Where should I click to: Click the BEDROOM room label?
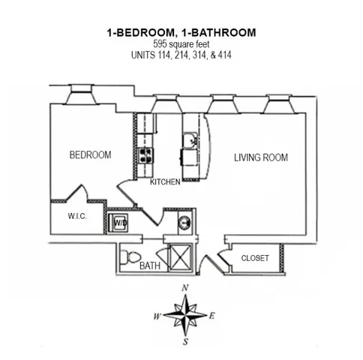click(90, 155)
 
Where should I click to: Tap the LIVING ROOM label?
click(260, 157)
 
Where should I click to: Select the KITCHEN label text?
click(165, 182)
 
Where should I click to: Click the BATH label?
click(150, 265)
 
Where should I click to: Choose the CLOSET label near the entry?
click(255, 258)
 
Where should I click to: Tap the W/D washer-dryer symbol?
click(120, 222)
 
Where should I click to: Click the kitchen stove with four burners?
click(144, 155)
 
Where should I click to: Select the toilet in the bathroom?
click(132, 257)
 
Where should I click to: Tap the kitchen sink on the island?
click(190, 140)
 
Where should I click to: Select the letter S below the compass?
click(184, 343)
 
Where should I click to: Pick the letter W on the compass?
click(157, 316)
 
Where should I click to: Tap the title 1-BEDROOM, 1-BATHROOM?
click(181, 32)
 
